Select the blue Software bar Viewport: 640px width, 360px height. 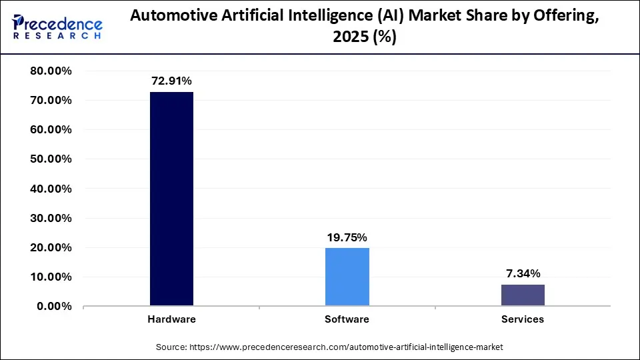(347, 277)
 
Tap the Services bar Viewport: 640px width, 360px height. (523, 295)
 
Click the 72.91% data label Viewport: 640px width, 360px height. (171, 81)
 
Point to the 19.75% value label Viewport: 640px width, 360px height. (347, 237)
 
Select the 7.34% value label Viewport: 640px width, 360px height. (523, 273)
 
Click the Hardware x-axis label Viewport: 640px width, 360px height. (171, 319)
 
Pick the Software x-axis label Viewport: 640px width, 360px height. (347, 319)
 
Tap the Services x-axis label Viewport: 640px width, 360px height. (523, 319)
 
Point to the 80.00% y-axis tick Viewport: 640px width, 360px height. (51, 71)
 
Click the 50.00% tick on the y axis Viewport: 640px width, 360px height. (51, 159)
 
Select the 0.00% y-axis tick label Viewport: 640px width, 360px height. (54, 307)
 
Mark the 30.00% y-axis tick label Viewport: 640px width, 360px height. (51, 218)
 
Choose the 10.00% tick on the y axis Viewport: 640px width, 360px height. (51, 277)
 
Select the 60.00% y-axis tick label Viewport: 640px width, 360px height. (51, 130)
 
